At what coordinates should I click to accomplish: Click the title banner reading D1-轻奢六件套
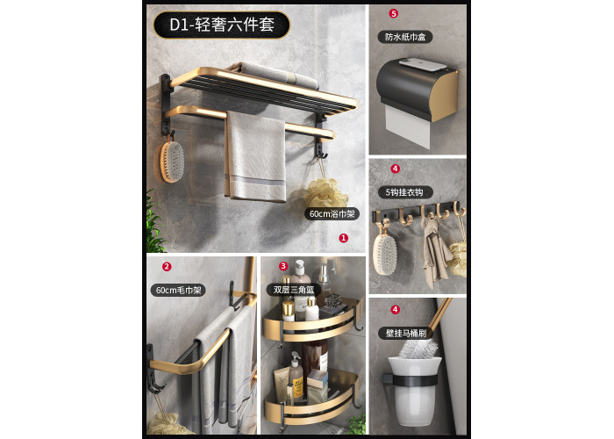point(222,25)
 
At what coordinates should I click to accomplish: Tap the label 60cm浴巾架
point(332,214)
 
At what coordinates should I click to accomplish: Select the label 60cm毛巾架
point(178,290)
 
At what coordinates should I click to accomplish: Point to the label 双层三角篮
point(294,290)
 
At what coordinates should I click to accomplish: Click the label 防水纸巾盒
point(405,37)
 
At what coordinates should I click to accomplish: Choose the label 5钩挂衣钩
point(405,192)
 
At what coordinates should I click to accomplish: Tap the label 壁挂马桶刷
point(405,333)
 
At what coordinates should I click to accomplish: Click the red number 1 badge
point(344,238)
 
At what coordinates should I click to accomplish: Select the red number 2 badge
point(167,267)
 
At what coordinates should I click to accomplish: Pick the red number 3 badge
point(283,267)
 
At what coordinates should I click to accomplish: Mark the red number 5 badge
point(394,13)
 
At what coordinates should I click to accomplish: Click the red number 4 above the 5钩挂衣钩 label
point(395,169)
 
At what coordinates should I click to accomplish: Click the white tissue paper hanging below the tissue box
point(407,126)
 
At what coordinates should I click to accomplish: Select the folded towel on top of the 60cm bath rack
point(278,75)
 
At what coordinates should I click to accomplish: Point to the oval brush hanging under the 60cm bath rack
point(172,162)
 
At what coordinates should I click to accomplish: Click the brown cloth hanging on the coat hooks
point(435,251)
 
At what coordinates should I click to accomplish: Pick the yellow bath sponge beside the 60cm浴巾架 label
point(325,192)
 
